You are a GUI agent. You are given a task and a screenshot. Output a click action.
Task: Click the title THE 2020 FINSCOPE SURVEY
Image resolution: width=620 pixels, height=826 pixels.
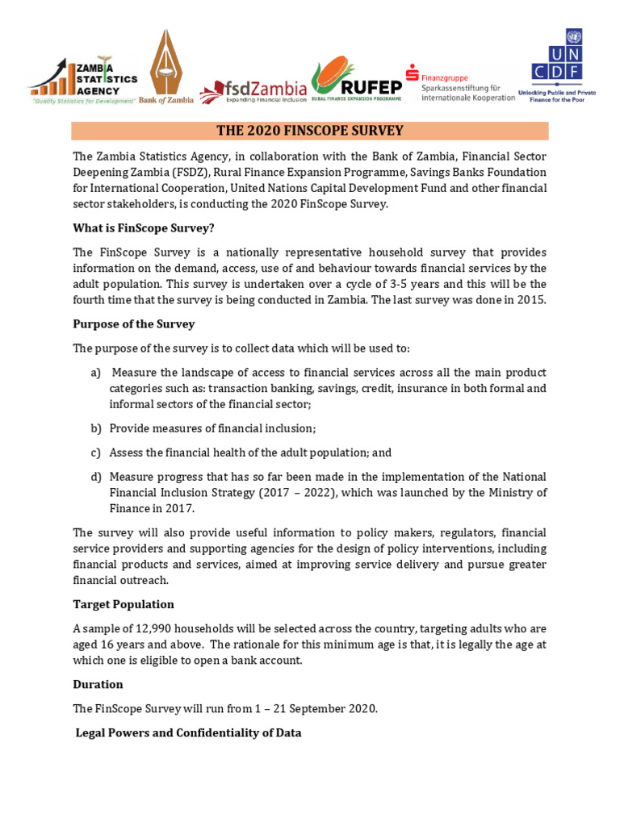click(x=310, y=131)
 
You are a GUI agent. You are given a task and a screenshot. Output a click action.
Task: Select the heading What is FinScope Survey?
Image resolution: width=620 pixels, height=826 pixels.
click(x=143, y=227)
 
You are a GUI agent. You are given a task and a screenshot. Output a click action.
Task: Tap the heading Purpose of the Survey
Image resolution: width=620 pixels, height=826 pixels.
click(x=133, y=323)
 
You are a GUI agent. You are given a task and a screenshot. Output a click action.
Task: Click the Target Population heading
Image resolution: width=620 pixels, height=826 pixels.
click(x=123, y=604)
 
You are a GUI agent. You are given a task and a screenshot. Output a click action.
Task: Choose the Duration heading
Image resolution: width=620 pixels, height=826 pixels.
click(x=98, y=684)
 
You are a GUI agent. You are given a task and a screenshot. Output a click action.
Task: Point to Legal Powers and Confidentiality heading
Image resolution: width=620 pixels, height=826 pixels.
click(x=188, y=732)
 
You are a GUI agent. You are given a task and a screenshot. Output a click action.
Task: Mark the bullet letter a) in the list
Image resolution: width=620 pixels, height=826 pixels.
click(x=95, y=373)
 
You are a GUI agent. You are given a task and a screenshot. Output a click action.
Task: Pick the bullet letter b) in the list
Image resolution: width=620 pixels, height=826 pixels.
click(x=95, y=428)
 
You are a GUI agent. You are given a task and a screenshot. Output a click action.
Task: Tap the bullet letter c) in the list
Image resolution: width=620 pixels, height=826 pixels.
click(x=95, y=453)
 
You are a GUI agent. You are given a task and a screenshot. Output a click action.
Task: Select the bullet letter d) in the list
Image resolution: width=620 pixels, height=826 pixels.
click(x=95, y=477)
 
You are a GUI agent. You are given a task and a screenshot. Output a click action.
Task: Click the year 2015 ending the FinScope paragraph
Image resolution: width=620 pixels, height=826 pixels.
click(x=531, y=300)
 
